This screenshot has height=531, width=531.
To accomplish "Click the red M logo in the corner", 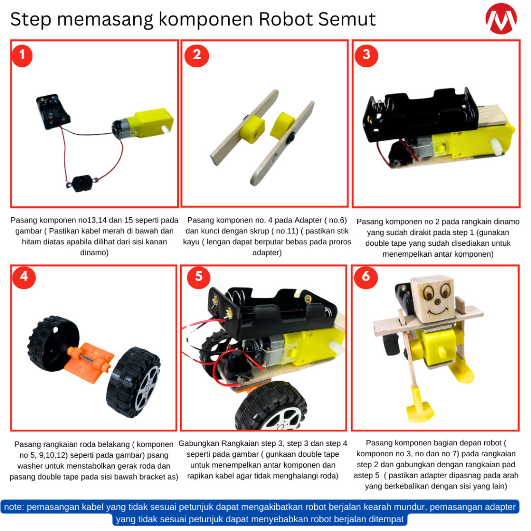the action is (501, 19).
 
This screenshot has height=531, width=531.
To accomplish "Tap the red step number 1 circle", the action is (22, 55).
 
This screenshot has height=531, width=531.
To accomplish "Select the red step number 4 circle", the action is (24, 277).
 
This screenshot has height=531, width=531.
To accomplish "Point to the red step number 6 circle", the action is (366, 277).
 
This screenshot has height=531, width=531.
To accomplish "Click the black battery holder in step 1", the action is (53, 111).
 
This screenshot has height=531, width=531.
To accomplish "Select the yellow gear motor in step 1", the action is (143, 124).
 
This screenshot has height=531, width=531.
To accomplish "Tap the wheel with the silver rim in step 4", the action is (133, 382).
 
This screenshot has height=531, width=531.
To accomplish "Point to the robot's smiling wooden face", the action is (432, 299).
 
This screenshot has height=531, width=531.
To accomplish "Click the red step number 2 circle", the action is (197, 55).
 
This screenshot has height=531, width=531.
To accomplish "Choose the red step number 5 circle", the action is (199, 277).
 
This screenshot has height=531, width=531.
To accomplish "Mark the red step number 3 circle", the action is (366, 55).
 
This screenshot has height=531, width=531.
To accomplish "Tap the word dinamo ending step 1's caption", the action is (94, 253).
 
